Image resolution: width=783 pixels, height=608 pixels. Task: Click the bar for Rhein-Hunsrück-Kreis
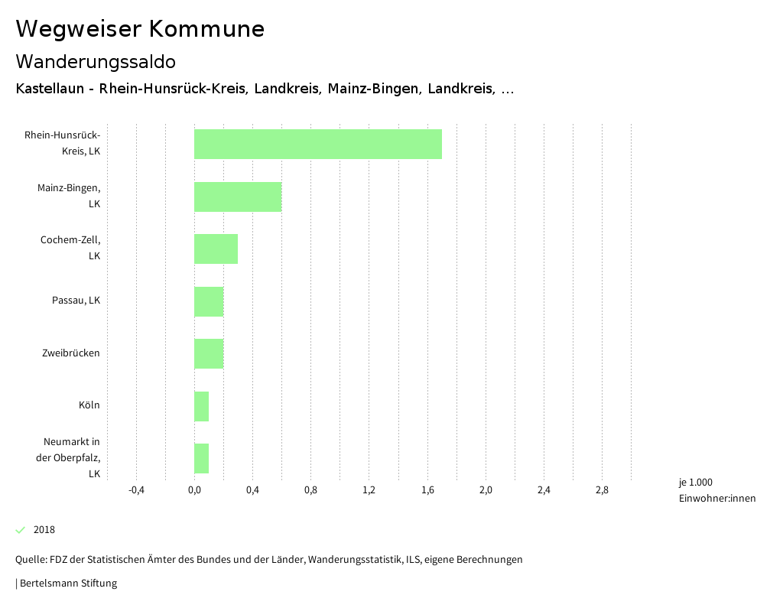point(317,144)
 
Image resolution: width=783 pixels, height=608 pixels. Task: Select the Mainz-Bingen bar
point(238,197)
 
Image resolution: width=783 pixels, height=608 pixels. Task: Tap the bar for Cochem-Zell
point(216,249)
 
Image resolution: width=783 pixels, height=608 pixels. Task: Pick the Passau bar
point(209,301)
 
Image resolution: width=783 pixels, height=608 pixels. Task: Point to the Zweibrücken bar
point(209,353)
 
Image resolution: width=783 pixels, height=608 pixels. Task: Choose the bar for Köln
point(201,406)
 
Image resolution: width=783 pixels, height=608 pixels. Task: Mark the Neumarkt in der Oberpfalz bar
point(201,458)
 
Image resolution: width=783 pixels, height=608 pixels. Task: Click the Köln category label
point(89,405)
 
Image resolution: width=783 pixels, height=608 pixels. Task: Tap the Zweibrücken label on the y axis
point(71,353)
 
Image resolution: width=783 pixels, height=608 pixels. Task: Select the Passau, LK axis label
point(76,301)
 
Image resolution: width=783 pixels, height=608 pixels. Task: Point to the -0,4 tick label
point(136,490)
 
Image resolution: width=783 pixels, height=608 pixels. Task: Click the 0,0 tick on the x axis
point(194,490)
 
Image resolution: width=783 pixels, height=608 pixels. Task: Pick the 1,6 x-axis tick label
point(427,490)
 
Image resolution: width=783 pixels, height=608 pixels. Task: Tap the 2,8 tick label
point(602,490)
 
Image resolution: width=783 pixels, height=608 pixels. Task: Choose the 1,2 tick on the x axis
point(369,490)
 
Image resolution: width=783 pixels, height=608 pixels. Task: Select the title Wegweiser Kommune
point(140,29)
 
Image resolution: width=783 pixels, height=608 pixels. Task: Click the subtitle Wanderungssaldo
point(96,61)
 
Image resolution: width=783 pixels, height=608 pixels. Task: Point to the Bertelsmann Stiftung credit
point(67,584)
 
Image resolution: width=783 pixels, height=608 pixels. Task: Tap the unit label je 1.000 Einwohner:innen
point(716,490)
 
